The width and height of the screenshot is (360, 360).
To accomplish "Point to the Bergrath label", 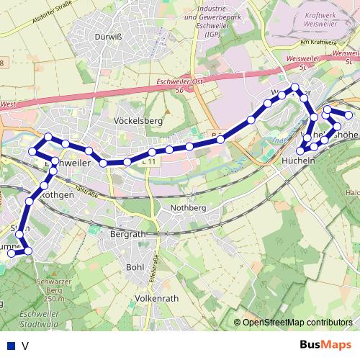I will (x=128, y=235).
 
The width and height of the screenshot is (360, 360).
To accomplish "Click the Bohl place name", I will (x=135, y=267).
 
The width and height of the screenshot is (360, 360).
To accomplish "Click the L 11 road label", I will (x=148, y=163).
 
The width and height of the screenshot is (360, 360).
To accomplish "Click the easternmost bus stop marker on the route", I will (x=349, y=115).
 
